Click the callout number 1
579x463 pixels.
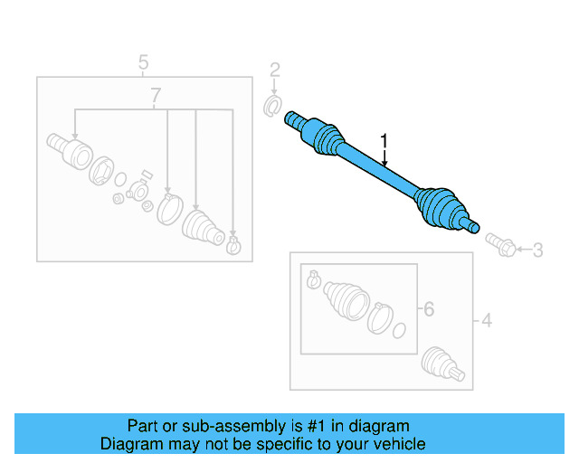coord(384,141)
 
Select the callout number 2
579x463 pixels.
coord(275,70)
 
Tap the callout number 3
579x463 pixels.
coord(537,250)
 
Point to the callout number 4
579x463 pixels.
coord(486,320)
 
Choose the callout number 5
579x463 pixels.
coord(143,62)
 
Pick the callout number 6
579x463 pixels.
coord(428,309)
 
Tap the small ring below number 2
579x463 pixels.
coord(271,108)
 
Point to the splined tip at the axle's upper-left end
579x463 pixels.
coord(293,118)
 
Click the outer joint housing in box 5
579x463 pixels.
coord(66,148)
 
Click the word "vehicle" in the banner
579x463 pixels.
coord(396,444)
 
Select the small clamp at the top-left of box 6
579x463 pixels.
coord(314,279)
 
